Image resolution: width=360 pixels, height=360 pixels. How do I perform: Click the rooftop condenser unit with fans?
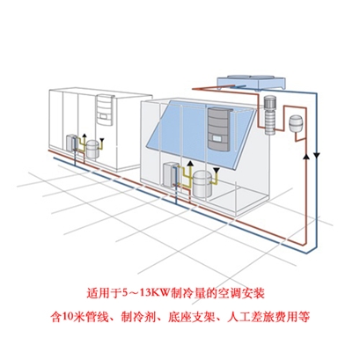point(251,82)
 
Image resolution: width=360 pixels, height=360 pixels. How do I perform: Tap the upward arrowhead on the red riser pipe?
point(306,157)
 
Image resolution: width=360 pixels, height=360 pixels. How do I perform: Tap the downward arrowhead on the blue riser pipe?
point(317,155)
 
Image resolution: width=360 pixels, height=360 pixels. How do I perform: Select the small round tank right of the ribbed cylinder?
point(294,123)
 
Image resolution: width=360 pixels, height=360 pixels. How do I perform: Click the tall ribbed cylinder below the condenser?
point(269,115)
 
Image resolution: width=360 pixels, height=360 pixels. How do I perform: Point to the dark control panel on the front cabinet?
point(219,129)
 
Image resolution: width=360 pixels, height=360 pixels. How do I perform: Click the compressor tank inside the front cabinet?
point(202,184)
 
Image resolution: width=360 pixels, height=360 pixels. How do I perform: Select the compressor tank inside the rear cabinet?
point(93,149)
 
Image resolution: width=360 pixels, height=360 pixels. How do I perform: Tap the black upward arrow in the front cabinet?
point(190,164)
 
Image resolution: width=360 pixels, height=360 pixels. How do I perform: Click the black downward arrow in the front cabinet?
point(217,171)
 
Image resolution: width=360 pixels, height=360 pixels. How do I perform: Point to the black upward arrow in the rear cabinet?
point(84,136)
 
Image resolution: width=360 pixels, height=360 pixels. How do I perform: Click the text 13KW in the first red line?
point(155,293)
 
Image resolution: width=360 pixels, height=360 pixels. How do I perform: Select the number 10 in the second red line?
point(66,317)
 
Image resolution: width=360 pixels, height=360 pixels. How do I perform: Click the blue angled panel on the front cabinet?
point(200,134)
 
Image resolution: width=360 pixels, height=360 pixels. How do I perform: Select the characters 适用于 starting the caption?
point(101,293)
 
